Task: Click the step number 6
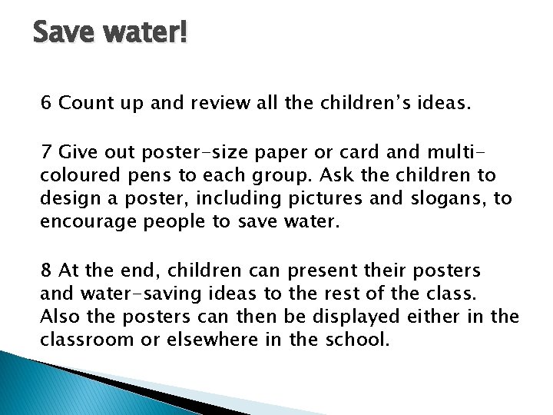pos(47,102)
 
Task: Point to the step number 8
pos(47,271)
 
